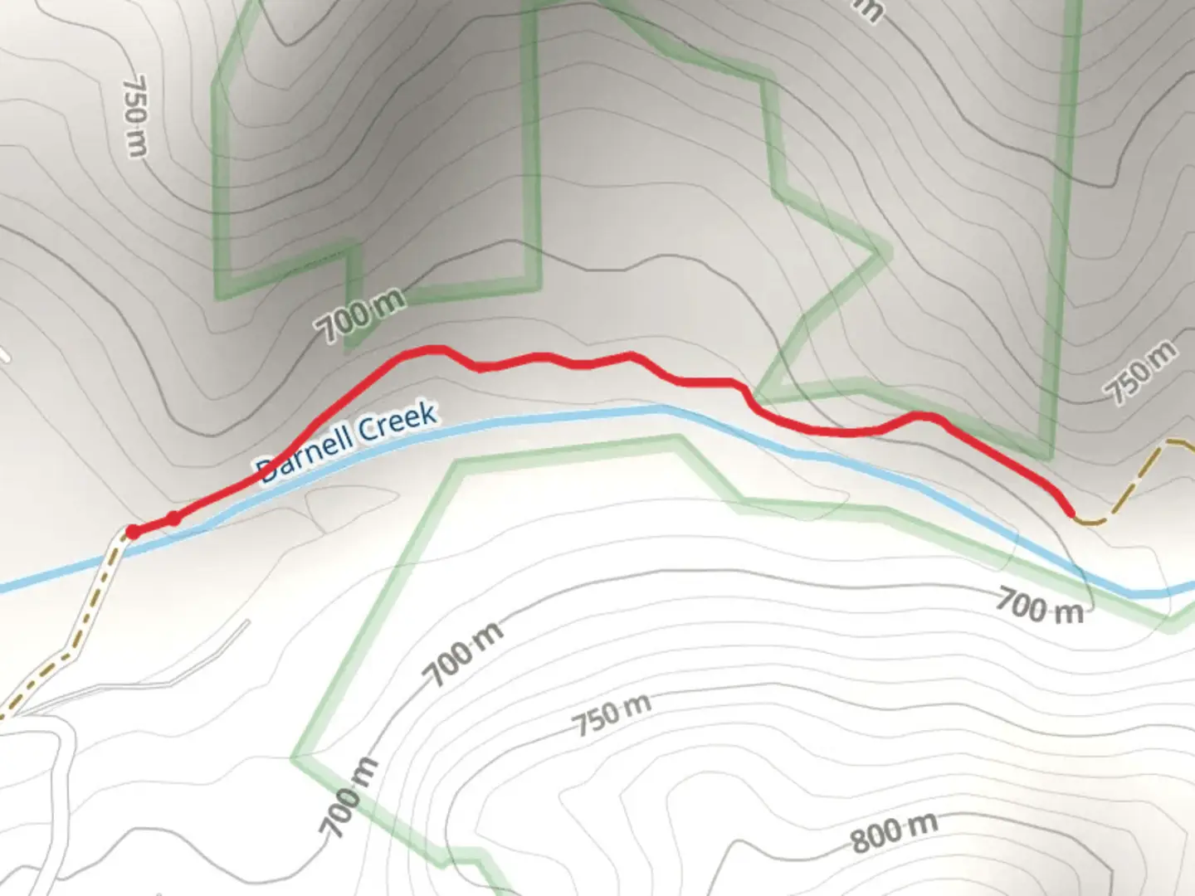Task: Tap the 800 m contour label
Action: pos(894,833)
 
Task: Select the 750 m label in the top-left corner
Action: pos(135,116)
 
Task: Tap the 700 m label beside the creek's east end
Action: pos(1039,606)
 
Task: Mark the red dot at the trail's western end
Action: pos(132,532)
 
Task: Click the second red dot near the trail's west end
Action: pos(173,519)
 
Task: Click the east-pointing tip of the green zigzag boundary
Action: pos(883,252)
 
